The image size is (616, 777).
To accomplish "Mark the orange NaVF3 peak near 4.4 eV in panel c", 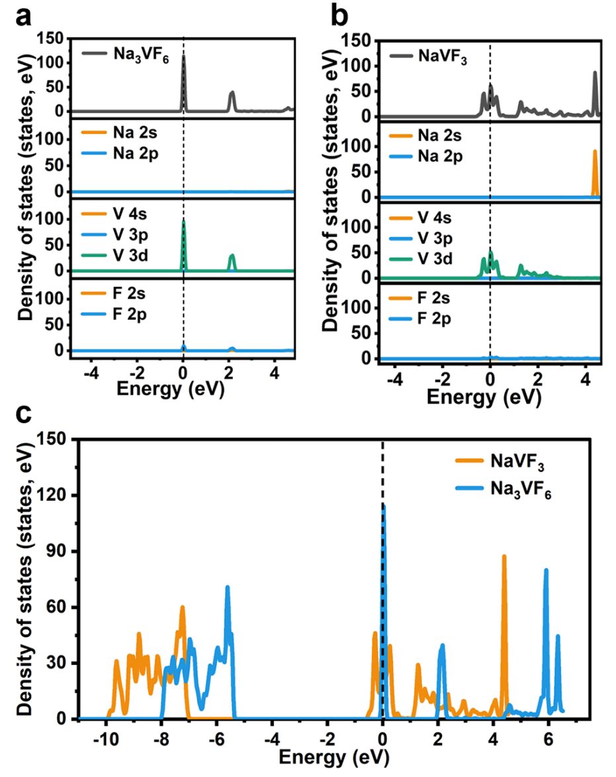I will [504, 558].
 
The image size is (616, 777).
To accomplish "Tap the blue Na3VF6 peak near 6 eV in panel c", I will [546, 571].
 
